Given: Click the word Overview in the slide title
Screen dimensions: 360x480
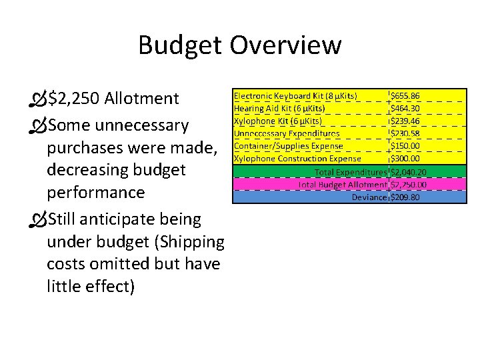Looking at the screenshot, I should pyautogui.click(x=286, y=45).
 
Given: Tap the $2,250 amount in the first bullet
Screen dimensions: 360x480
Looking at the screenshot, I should pyautogui.click(x=74, y=99).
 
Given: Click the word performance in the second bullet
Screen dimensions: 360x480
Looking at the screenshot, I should pyautogui.click(x=95, y=193).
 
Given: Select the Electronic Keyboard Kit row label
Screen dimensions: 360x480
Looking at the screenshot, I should pyautogui.click(x=295, y=95).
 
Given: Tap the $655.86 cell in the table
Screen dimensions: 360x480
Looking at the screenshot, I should pyautogui.click(x=405, y=96).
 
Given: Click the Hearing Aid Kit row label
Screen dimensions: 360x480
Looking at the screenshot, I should pyautogui.click(x=279, y=108).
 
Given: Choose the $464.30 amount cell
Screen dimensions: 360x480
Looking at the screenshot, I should pyautogui.click(x=405, y=108).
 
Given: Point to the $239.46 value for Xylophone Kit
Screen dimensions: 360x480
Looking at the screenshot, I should pyautogui.click(x=405, y=121).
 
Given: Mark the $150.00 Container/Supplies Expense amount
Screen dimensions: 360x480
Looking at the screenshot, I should pyautogui.click(x=405, y=146).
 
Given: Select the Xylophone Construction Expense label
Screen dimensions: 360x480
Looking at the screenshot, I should pyautogui.click(x=297, y=159).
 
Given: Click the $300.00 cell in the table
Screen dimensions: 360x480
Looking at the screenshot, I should pyautogui.click(x=405, y=159).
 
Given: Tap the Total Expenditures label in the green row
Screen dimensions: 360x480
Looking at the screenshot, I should pyautogui.click(x=351, y=172).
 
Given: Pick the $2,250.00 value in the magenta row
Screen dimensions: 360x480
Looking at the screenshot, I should pyautogui.click(x=409, y=185).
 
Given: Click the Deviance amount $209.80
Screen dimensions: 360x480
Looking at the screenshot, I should pyautogui.click(x=405, y=197).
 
